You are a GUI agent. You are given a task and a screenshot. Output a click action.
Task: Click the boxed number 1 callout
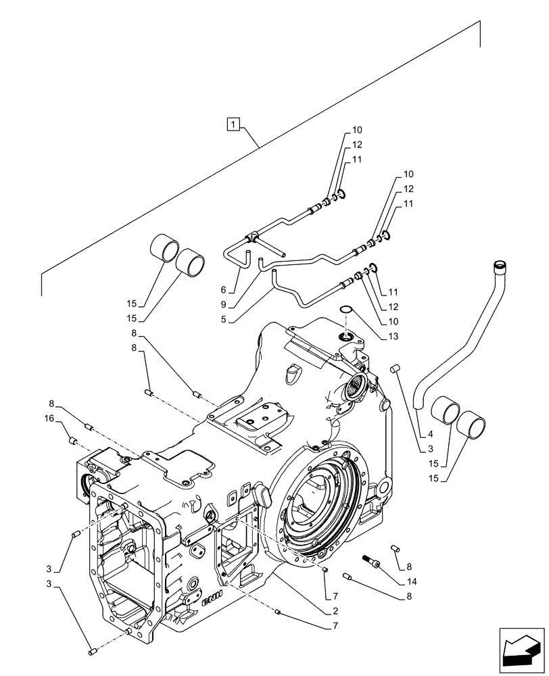[x=233, y=124]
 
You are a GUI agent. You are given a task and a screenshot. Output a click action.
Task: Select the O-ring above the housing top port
[x=345, y=310]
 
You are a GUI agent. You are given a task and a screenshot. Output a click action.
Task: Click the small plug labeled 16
[x=74, y=441]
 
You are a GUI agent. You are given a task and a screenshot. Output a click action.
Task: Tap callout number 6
[x=232, y=289]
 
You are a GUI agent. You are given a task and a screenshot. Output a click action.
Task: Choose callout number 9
[x=232, y=304]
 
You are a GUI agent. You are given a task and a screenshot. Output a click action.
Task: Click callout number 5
[x=232, y=319]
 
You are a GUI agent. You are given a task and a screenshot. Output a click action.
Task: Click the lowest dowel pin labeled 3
[x=92, y=652]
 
